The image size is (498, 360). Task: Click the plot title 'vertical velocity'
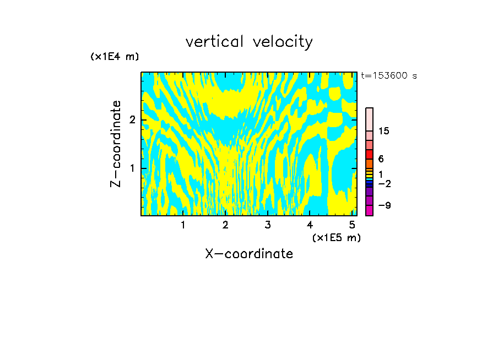pos(249,42)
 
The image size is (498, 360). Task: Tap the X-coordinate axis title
pos(249,254)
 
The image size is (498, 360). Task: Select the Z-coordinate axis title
pos(116,144)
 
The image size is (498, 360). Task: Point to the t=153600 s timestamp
pos(389,76)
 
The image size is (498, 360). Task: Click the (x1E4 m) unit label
pos(115,57)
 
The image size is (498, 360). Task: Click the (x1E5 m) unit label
pos(336,237)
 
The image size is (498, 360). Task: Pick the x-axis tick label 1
pos(183,225)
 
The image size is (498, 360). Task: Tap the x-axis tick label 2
pos(225,225)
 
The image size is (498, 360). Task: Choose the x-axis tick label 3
pos(268,225)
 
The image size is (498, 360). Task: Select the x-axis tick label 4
pos(310,225)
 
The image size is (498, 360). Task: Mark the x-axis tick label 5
pos(352,225)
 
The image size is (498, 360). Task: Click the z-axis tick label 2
pos(131,120)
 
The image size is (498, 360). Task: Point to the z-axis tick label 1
pos(131,168)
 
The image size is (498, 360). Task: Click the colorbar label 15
pos(384,131)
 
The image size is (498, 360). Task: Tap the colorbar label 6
pos(381,159)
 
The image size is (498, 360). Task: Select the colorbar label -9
pos(385,205)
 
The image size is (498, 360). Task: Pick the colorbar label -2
pos(385,184)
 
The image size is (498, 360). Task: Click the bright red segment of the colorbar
pos(369,154)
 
